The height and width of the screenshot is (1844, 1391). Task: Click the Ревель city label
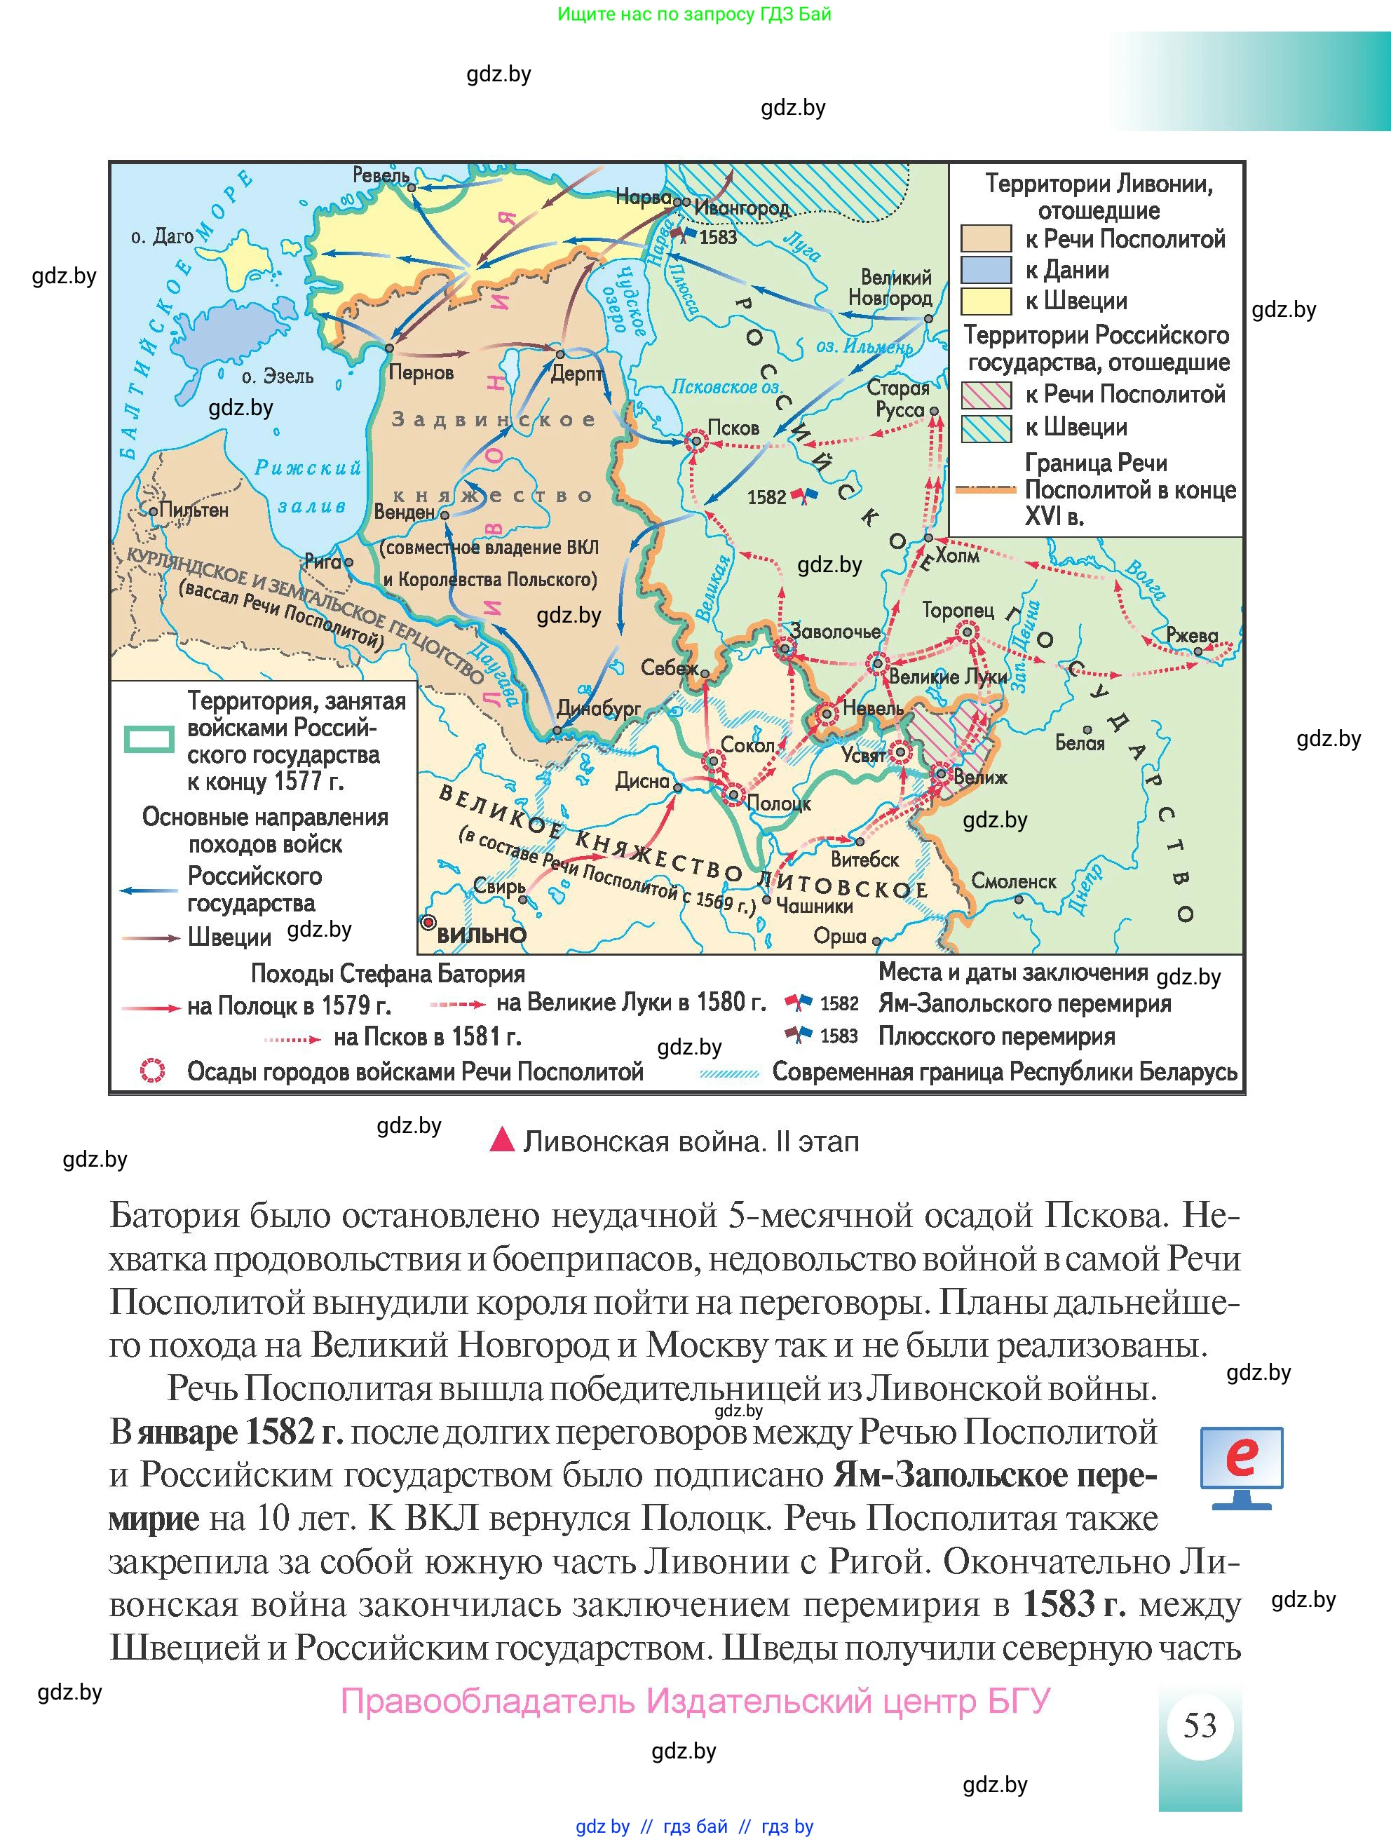coord(381,175)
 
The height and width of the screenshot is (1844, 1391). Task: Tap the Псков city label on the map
coord(733,428)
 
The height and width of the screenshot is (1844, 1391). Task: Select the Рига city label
coord(323,561)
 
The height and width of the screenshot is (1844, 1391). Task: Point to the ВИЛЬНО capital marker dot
coord(428,922)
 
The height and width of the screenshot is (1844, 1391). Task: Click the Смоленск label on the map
coord(1014,881)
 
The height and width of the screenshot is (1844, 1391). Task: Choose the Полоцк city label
coord(778,804)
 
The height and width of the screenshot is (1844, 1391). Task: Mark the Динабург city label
coord(599,710)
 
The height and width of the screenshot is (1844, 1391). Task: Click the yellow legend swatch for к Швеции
coord(985,301)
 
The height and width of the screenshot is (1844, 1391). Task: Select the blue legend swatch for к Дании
coord(985,270)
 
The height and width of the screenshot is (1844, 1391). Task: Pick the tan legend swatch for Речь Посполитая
coord(985,239)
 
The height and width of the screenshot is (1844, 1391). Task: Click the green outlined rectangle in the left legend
coord(149,738)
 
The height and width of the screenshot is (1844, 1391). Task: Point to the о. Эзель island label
coord(278,377)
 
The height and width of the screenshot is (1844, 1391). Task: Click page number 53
coord(1200,1725)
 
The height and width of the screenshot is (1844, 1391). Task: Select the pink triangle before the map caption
coord(502,1141)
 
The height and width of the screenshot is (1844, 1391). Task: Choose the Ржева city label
coord(1192,635)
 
